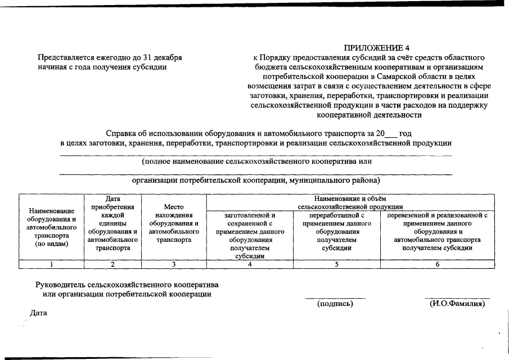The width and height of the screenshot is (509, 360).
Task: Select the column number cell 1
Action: tap(51, 264)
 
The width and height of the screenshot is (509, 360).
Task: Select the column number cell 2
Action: tap(112, 264)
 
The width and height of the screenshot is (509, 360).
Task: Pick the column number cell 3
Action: tap(174, 264)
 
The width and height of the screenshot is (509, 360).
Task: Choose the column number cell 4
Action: tap(250, 264)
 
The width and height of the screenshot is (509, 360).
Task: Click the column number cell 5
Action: tap(336, 264)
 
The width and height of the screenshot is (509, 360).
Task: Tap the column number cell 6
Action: tap(437, 264)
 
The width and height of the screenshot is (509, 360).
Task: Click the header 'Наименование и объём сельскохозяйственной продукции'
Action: tap(350, 202)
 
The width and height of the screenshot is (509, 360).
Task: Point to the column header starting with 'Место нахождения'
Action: tap(174, 223)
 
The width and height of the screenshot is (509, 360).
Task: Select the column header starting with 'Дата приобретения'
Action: tap(112, 223)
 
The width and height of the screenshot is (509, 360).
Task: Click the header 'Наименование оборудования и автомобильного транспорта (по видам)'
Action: tap(51, 227)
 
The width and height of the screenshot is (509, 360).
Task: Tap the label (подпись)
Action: tap(335, 304)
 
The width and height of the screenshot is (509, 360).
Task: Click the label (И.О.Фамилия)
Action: tap(457, 304)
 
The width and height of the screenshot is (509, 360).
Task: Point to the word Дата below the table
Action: tap(38, 313)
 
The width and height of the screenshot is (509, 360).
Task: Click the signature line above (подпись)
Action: tap(335, 298)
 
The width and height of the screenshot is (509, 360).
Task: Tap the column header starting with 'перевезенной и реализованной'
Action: tap(437, 231)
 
